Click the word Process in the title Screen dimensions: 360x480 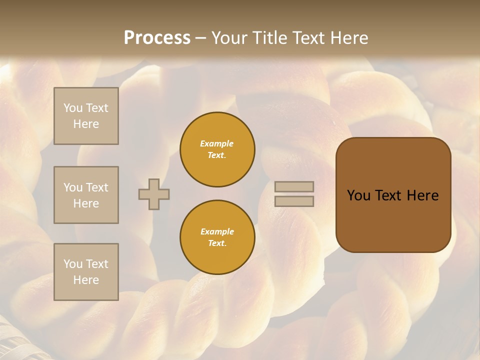pos(157,38)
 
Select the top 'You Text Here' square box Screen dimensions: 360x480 pos(86,116)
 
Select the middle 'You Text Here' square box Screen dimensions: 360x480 pos(86,195)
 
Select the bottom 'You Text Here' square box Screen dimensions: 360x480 pos(86,272)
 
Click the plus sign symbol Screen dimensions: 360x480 pos(154,194)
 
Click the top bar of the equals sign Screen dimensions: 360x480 pos(294,187)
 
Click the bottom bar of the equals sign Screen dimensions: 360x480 pos(294,201)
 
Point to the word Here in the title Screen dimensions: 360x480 pos(349,38)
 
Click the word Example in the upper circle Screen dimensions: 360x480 pos(217,143)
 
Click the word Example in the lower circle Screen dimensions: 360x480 pos(217,231)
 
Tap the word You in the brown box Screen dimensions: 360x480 pos(358,195)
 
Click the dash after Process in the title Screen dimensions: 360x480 pos(200,38)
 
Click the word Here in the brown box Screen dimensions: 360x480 pos(422,195)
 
